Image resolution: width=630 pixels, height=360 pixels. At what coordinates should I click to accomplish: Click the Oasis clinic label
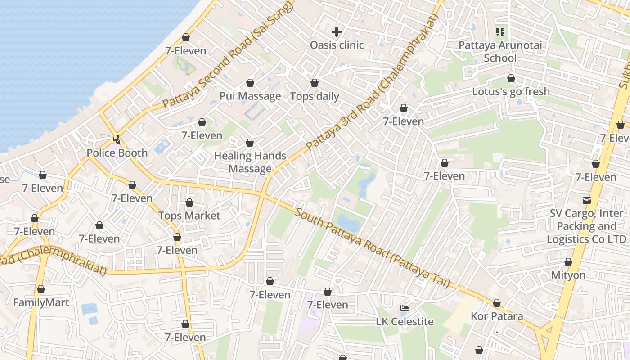pos(337,45)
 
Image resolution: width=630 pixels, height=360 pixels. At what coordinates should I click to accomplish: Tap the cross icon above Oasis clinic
pos(337,32)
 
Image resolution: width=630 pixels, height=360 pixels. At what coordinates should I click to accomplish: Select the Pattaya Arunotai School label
pos(500,52)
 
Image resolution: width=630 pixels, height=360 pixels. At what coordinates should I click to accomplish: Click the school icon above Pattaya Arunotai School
pos(500,32)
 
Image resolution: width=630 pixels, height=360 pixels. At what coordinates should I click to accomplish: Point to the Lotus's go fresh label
pos(511,91)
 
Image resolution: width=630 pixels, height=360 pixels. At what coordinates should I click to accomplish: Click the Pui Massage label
pos(250,96)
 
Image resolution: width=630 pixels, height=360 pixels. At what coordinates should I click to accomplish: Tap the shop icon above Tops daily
pos(315,83)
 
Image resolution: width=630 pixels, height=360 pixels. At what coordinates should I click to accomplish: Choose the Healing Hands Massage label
pos(250,162)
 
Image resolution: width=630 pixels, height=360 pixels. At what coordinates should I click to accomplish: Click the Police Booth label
pos(117,153)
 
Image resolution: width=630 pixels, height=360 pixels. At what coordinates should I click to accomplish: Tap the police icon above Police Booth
pos(117,139)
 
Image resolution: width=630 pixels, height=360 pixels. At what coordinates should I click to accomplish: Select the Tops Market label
pos(189,216)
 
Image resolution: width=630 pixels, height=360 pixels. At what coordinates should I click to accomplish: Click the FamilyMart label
pos(41,302)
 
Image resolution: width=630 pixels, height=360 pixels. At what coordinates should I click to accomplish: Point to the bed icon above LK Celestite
pos(405,308)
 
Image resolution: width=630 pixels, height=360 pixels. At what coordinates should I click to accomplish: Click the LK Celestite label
pos(405,321)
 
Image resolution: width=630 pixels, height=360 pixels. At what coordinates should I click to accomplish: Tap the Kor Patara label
pos(497,316)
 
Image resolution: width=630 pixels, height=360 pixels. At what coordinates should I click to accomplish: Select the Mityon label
pos(568,275)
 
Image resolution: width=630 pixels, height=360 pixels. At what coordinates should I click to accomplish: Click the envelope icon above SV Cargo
pos(587,200)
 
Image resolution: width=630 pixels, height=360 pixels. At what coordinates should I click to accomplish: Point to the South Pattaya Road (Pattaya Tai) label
pos(372,247)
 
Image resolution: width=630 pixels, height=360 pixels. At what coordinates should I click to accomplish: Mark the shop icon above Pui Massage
pos(250,83)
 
